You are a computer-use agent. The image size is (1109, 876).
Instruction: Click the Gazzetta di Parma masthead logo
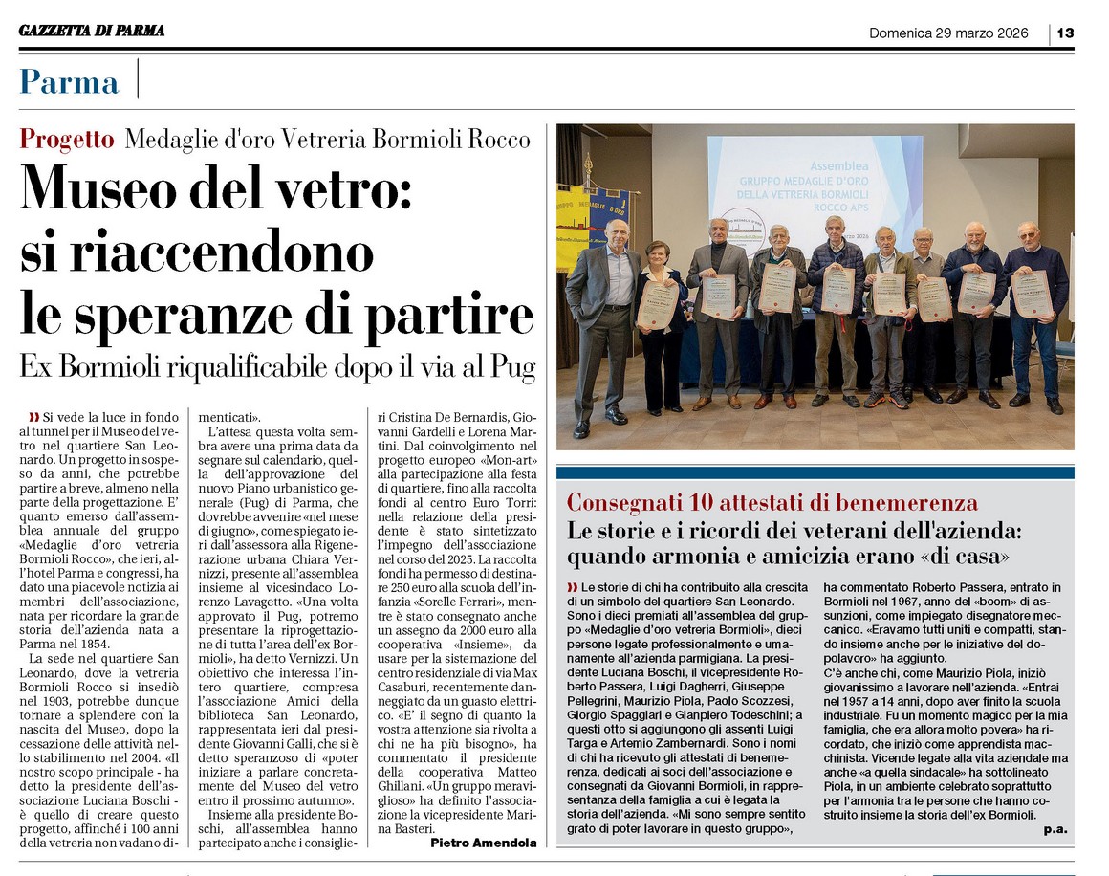[x=92, y=32]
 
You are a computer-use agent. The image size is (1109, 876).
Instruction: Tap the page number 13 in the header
[x=1065, y=33]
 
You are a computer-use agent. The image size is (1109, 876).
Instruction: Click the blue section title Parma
[x=70, y=81]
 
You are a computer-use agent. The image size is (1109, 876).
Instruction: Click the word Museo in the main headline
[x=104, y=189]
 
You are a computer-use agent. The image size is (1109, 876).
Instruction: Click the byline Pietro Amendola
[x=483, y=843]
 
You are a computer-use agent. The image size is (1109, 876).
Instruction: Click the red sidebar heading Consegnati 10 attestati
[x=772, y=502]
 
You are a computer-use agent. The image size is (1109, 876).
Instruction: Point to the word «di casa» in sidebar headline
[x=980, y=556]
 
